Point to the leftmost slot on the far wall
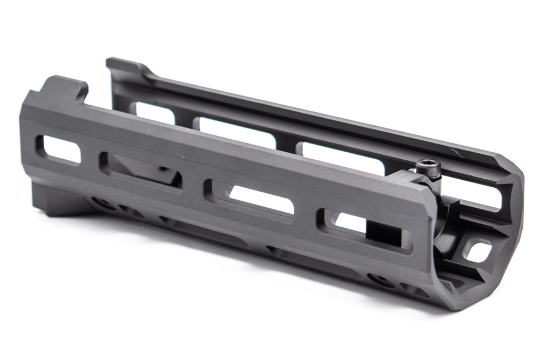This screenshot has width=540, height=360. click(x=154, y=111)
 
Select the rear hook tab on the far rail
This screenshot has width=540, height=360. click(x=122, y=65)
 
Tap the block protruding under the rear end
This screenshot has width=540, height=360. click(x=59, y=200)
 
